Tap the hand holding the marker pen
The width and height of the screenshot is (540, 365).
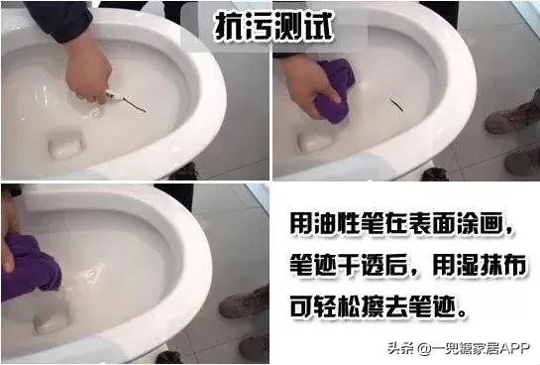click(x=86, y=71)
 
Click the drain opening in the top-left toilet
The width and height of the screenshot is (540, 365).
click(x=67, y=146)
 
